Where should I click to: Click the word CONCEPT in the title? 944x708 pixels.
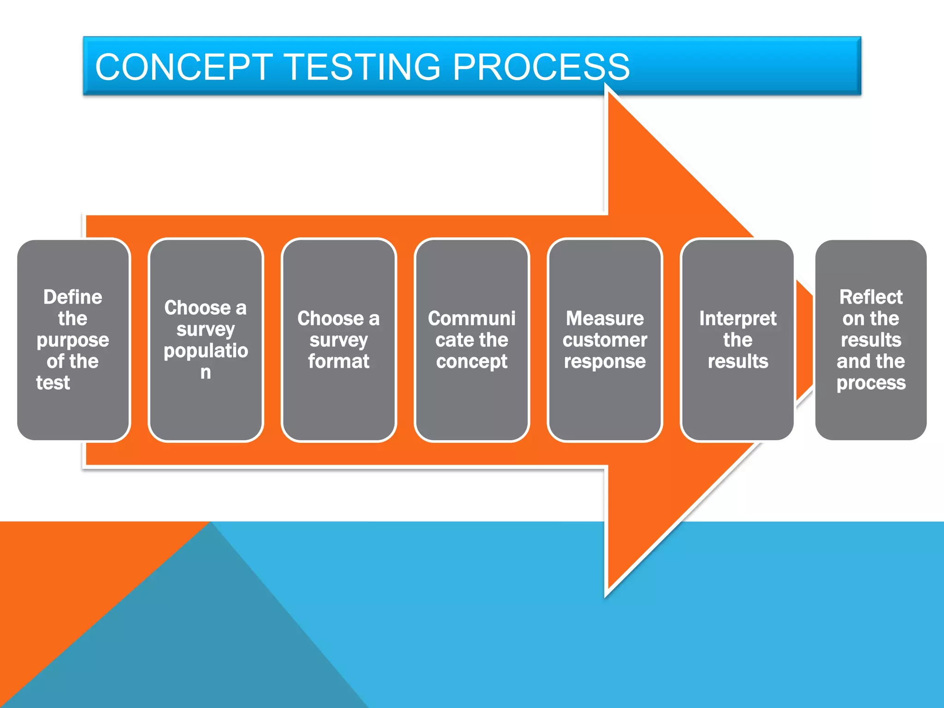click(184, 67)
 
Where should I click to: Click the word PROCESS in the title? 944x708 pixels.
click(541, 67)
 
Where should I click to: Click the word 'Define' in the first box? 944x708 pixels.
click(73, 297)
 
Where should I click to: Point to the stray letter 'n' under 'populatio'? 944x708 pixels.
click(206, 372)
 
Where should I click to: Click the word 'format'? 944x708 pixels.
click(339, 361)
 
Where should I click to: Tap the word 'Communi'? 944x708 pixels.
click(472, 319)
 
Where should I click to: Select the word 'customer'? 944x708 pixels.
click(605, 340)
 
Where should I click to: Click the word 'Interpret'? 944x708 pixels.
click(737, 319)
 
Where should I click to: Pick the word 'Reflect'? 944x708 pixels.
click(871, 297)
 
